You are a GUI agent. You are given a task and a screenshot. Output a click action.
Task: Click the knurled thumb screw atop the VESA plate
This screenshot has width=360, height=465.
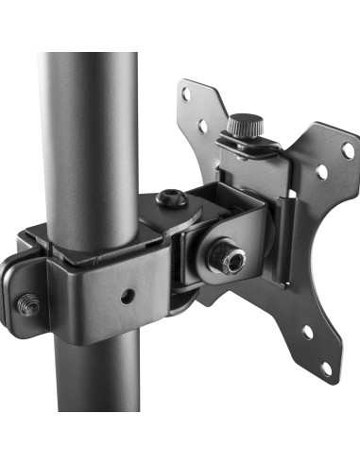tap(244, 125)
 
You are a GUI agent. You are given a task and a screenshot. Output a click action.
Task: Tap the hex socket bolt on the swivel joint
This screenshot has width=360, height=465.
tap(171, 198)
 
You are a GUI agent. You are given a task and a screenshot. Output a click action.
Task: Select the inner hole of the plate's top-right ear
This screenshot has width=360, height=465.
tap(321, 172)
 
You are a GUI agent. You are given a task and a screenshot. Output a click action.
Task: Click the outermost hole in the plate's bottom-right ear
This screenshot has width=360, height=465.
tap(326, 367)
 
